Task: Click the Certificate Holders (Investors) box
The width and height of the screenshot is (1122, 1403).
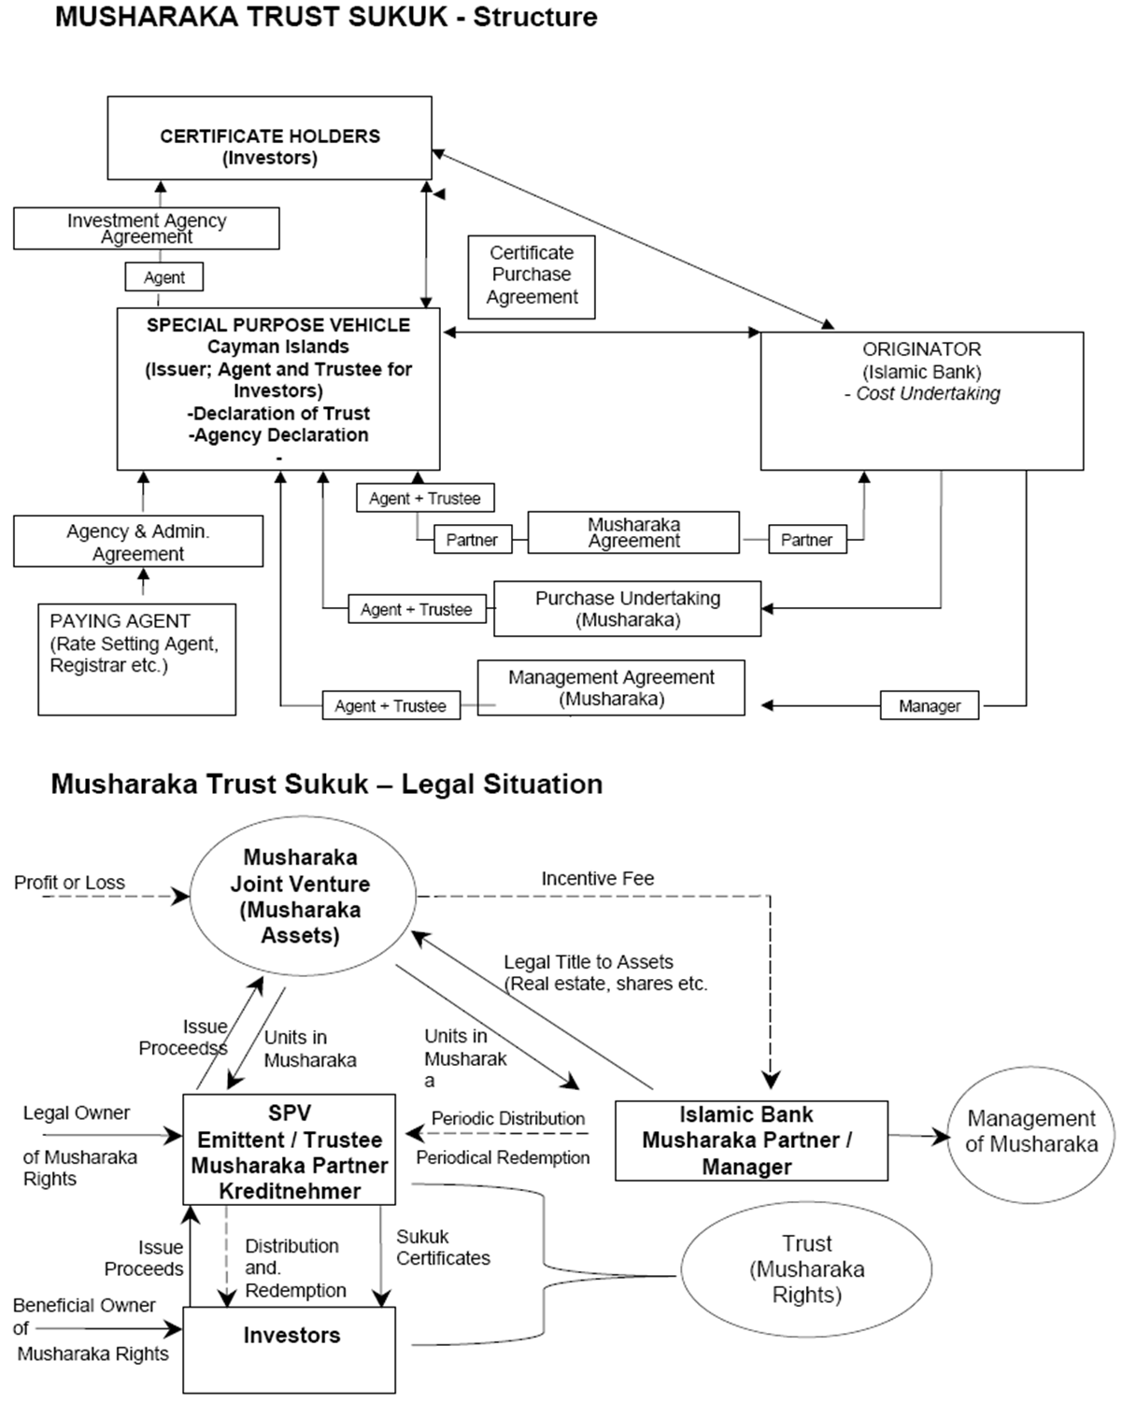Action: click(269, 137)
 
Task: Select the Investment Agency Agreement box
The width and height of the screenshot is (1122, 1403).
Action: click(146, 228)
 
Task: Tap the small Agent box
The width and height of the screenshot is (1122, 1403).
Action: click(163, 277)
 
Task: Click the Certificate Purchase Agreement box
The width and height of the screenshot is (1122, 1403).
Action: click(532, 276)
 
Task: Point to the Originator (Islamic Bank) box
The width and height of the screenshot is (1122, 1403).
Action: click(921, 400)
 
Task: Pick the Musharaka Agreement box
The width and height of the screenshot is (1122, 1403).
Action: click(633, 532)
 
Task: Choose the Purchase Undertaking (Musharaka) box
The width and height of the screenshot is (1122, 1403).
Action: click(627, 609)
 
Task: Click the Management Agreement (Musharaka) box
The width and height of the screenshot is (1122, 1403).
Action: click(611, 688)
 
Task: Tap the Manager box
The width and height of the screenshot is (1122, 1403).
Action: click(929, 706)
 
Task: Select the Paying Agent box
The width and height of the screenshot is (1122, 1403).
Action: click(136, 659)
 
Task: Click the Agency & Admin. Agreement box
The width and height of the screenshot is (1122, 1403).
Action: click(137, 543)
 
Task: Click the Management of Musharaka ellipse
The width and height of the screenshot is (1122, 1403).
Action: click(1031, 1131)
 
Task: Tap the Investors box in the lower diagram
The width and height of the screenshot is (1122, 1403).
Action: click(290, 1349)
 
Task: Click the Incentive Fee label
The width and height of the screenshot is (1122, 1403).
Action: click(598, 879)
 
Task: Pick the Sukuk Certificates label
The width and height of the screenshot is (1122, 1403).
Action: click(443, 1247)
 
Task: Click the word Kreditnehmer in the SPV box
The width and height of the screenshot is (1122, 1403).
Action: click(290, 1191)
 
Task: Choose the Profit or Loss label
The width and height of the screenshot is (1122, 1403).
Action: click(69, 883)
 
